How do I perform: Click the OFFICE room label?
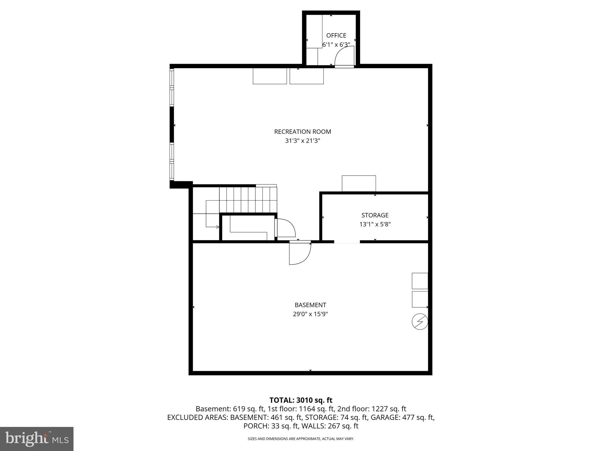[x=336, y=36]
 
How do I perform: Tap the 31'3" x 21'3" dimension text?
[x=302, y=141]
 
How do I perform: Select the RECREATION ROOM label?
[x=302, y=132]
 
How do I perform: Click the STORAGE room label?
[x=375, y=215]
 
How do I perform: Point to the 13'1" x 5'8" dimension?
[x=375, y=225]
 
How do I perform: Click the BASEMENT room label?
[x=310, y=305]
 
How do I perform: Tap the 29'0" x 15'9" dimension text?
[x=310, y=314]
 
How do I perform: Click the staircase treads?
[x=248, y=200]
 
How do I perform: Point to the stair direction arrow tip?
[x=218, y=227]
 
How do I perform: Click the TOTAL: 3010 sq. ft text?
[x=301, y=400]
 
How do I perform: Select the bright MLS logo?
[x=36, y=439]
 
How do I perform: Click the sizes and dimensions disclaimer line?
[x=301, y=439]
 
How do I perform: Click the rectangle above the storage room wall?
[x=359, y=184]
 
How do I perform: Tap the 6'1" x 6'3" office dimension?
[x=336, y=45]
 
